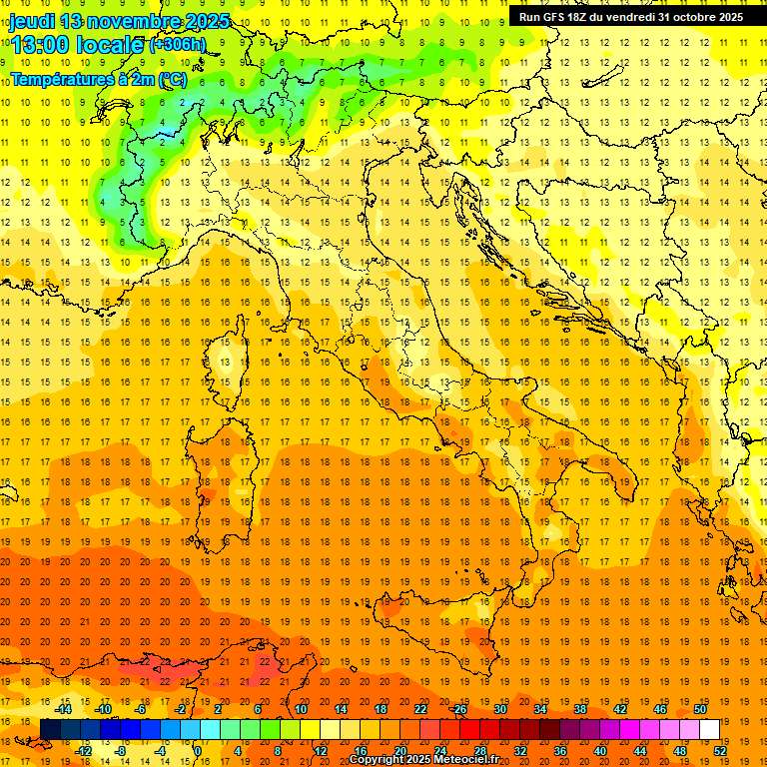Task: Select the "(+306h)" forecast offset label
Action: pyautogui.click(x=178, y=45)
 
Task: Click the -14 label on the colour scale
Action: pyautogui.click(x=63, y=709)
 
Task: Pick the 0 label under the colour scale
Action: pyautogui.click(x=197, y=751)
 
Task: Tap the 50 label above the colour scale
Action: pyautogui.click(x=700, y=709)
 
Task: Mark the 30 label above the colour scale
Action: pyautogui.click(x=500, y=709)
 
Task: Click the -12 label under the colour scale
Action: pyautogui.click(x=83, y=751)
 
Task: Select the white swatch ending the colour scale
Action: pyautogui.click(x=710, y=729)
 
